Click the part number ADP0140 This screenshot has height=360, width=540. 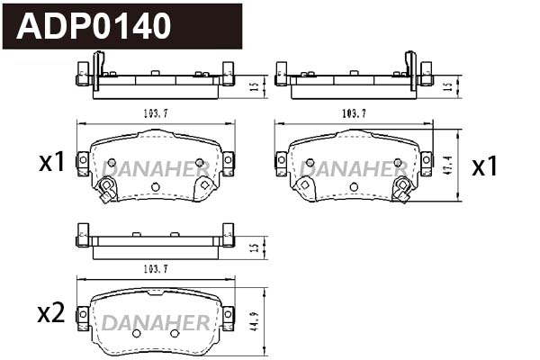94,26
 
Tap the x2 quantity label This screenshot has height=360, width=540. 50,313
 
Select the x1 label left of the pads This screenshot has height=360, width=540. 51,162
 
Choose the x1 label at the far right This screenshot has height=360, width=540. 485,166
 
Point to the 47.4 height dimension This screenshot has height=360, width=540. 449,165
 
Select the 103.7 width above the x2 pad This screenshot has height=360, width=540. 155,269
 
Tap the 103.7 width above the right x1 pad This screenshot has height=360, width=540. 353,113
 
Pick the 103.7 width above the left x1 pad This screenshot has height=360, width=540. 155,113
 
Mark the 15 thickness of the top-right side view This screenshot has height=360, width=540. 448,86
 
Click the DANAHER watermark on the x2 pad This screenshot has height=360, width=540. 155,322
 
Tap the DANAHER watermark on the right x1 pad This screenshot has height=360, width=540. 353,168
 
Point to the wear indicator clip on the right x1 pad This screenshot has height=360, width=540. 402,190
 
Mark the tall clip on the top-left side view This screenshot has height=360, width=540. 98,67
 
